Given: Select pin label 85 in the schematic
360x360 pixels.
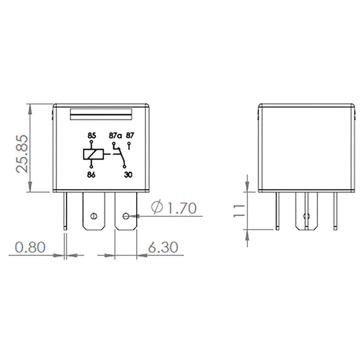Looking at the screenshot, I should tap(91, 136).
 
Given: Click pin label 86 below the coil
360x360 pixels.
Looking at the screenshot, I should tap(91, 175).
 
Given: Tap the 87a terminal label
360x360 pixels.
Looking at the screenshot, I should tap(115, 136).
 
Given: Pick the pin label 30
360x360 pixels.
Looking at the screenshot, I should tap(127, 175).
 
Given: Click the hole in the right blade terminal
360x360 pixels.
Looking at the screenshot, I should tap(126, 215).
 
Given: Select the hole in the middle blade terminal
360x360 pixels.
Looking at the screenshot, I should tap(92, 216).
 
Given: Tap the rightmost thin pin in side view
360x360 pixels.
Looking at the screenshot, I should tap(335, 211).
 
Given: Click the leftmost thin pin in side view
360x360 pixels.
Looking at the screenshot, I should tap(277, 211).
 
